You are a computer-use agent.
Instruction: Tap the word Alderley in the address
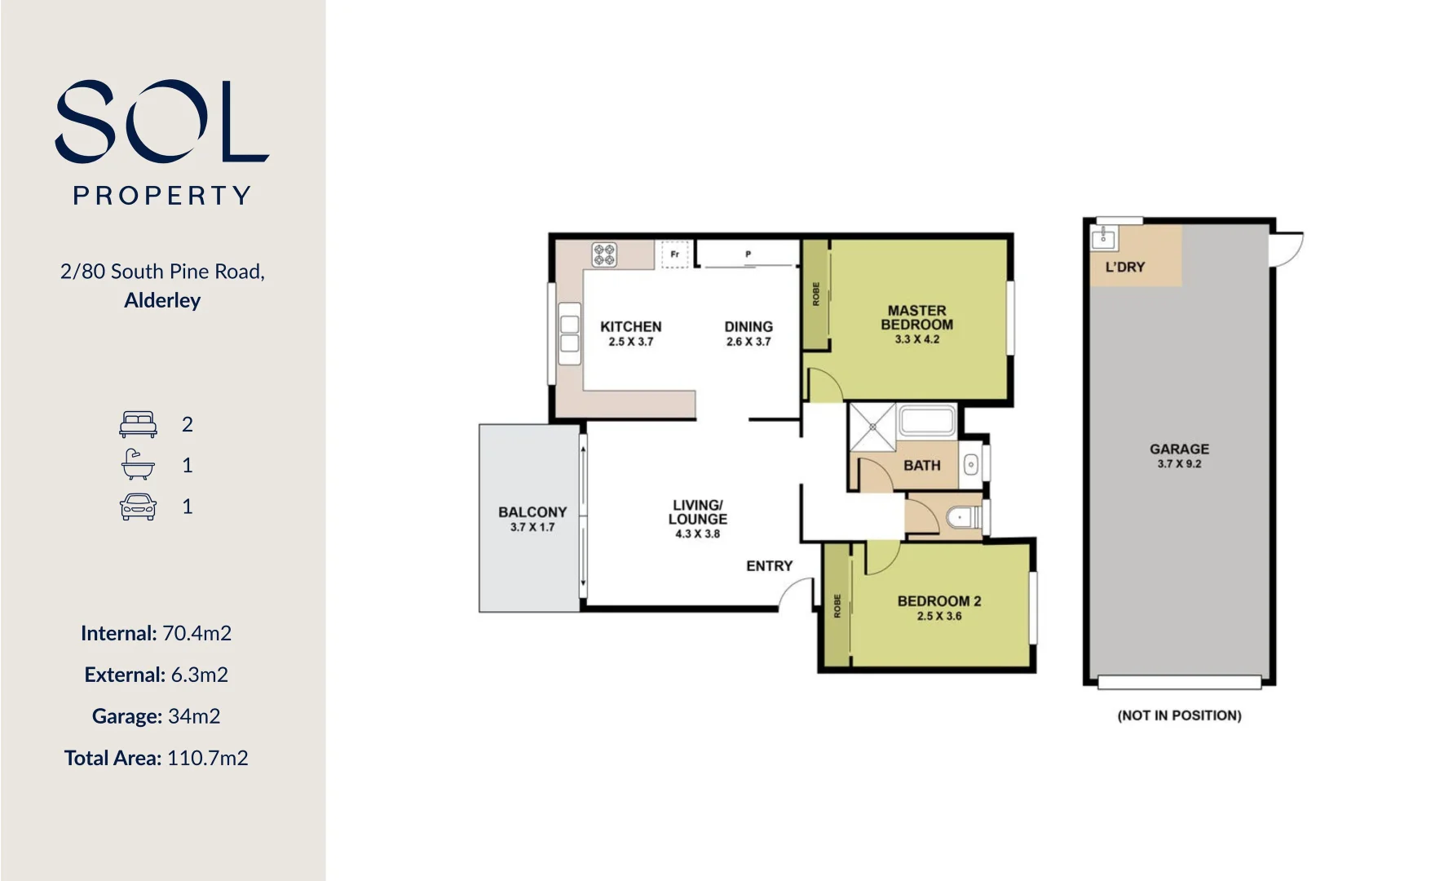(162, 300)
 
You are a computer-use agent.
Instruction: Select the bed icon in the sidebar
(138, 424)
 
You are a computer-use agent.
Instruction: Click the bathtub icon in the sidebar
(138, 465)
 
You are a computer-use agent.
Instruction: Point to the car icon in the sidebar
(138, 507)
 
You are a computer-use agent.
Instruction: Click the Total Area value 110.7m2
(207, 758)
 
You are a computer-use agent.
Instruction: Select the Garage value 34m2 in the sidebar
(194, 716)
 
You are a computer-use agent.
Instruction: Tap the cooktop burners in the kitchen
(604, 255)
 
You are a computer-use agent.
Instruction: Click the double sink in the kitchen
(569, 334)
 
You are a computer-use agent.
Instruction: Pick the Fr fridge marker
(675, 255)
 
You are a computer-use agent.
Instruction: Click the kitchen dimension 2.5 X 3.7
(630, 342)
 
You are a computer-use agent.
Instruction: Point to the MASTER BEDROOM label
(916, 317)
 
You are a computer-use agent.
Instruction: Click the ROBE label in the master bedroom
(816, 294)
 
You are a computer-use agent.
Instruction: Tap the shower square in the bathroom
(872, 427)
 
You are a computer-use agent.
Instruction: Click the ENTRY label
(769, 565)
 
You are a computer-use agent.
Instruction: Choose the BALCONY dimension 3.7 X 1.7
(532, 527)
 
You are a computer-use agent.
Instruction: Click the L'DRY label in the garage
(1124, 267)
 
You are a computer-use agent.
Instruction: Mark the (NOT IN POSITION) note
(1179, 715)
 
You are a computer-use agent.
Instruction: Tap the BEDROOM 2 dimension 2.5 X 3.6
(939, 616)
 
